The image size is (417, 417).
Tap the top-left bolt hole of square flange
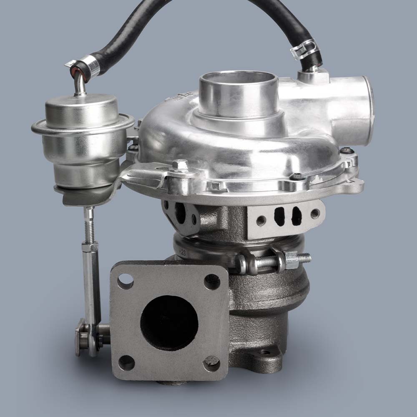pos(125,281)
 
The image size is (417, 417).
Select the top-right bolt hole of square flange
pos(212,282)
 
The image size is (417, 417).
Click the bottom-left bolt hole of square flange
pos(126,363)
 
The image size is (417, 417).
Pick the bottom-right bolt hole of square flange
pos(211,364)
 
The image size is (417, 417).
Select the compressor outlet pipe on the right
pos(354,111)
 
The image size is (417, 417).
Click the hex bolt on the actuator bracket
pos(180,165)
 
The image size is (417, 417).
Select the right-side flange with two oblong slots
pos(286,217)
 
